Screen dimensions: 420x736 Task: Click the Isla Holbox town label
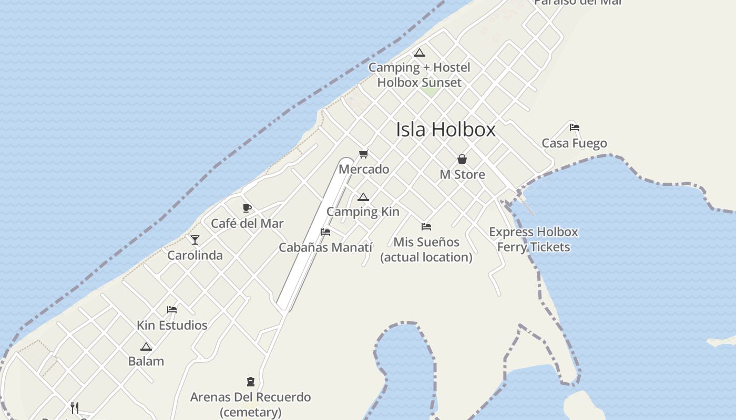pos(445,129)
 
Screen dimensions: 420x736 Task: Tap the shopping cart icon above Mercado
pos(364,154)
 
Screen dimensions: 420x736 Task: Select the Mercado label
pos(364,169)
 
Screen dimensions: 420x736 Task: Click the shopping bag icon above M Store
pos(462,159)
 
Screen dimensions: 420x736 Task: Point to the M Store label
pos(462,174)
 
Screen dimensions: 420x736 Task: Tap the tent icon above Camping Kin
pos(363,197)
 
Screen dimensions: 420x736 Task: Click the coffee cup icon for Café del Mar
pos(247,208)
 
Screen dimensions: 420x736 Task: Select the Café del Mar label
pos(247,223)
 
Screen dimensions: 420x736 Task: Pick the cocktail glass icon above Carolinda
pos(195,240)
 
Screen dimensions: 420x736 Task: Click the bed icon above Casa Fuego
pos(574,128)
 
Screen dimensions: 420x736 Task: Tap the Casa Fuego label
pos(574,143)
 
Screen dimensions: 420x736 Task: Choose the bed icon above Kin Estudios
pos(172,310)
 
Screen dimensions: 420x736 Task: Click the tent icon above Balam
pos(146,347)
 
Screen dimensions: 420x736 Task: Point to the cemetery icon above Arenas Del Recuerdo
pos(251,382)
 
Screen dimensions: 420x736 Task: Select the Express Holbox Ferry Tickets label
pos(533,239)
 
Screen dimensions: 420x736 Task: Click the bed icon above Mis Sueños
pos(426,227)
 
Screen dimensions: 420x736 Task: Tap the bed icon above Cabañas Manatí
pos(325,232)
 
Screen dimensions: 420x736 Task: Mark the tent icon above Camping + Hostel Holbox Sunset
pos(419,52)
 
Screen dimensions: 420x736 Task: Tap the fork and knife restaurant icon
pos(75,407)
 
